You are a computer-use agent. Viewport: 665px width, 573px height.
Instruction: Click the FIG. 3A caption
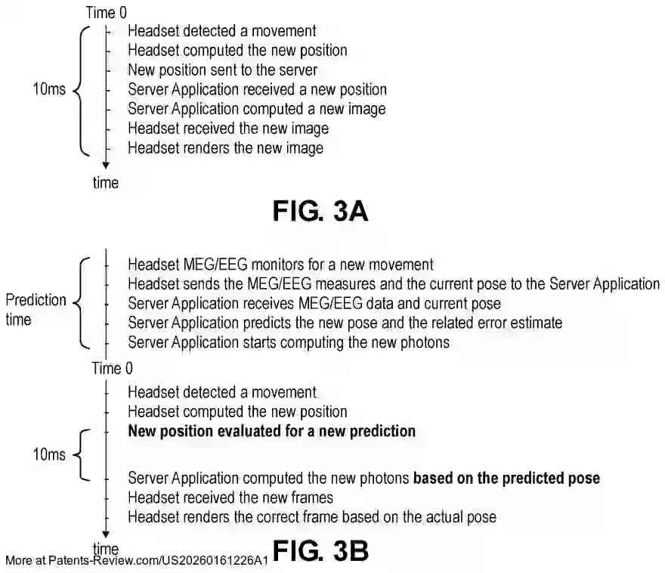pos(320,211)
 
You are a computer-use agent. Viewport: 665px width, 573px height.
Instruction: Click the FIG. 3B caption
pos(320,551)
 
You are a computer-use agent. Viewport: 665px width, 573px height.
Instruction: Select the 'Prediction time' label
pos(36,310)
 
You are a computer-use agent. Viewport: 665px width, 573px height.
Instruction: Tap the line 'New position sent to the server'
pos(223,70)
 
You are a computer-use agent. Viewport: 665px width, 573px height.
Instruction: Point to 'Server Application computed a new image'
pos(257,109)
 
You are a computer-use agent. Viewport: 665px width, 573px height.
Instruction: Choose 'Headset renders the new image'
pos(226,148)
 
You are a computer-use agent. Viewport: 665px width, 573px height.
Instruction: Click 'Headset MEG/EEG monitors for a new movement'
pos(281,265)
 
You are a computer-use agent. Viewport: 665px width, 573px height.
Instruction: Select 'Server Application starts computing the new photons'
pos(289,342)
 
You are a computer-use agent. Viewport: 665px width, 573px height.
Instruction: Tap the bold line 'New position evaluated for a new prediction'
pos(272,432)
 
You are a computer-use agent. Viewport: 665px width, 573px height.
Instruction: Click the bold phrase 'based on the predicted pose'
pos(507,479)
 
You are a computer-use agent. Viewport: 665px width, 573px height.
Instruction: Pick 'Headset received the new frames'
pos(230,497)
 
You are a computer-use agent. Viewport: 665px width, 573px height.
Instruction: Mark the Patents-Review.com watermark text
pos(137,561)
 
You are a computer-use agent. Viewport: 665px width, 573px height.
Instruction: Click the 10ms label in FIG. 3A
pos(49,89)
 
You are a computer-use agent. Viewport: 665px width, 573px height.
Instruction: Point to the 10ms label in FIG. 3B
pos(49,454)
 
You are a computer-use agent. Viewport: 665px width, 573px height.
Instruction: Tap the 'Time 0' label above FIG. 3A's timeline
pos(106,13)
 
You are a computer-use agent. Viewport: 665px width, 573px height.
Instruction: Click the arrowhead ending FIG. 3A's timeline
pos(106,166)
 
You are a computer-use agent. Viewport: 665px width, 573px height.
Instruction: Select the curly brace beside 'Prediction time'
pos(84,303)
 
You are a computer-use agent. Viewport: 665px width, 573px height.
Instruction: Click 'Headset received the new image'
pos(228,129)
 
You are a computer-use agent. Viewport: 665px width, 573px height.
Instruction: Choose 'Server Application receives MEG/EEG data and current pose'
pos(314,304)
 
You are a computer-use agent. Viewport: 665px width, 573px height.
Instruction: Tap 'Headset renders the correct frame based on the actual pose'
pos(312,517)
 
